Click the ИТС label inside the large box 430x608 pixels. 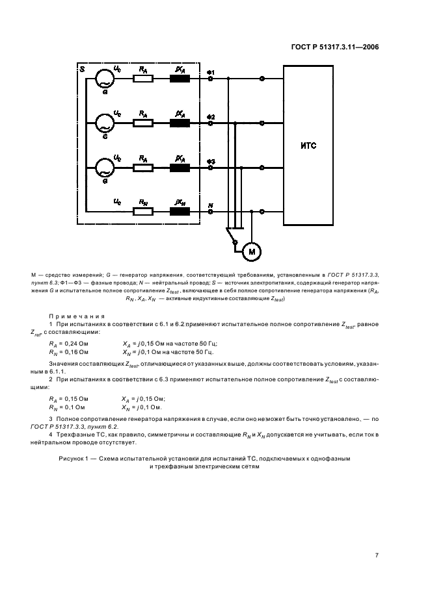pos(309,146)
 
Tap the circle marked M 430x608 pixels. pos(251,251)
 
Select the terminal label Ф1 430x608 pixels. pos(211,71)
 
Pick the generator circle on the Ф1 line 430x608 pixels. pos(105,79)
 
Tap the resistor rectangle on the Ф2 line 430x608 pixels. pos(143,123)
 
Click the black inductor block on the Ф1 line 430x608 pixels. pos(180,79)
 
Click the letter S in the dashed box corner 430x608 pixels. pos(81,68)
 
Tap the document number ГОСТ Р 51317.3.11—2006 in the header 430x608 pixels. pos(333,46)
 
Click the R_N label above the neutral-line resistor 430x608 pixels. pos(142,203)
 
